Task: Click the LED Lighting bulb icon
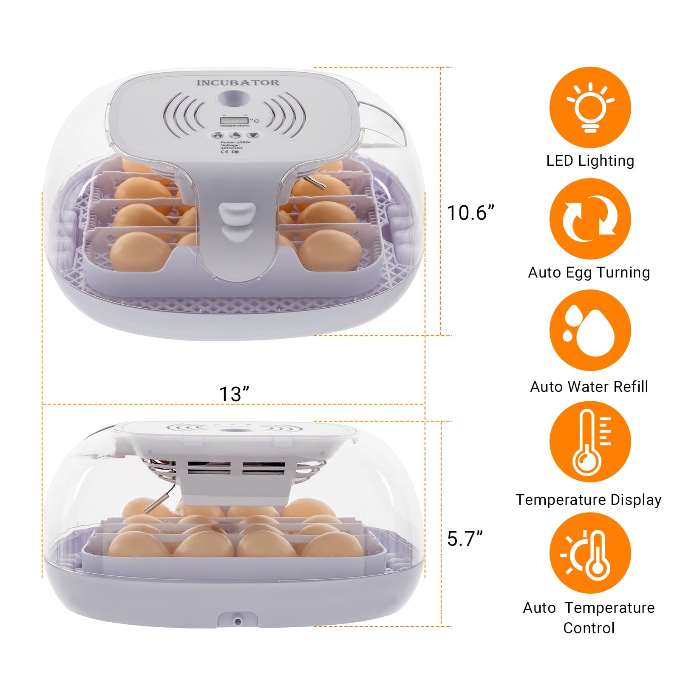click(x=590, y=107)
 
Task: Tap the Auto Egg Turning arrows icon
click(x=590, y=219)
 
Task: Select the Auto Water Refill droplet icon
click(x=590, y=330)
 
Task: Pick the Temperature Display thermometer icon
click(x=590, y=442)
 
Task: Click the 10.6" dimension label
click(x=471, y=212)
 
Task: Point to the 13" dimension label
click(x=234, y=394)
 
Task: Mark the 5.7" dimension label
click(x=465, y=538)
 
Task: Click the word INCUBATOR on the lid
click(x=238, y=82)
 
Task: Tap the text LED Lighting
click(x=590, y=161)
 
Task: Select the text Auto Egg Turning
click(x=589, y=272)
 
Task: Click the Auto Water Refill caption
click(x=589, y=386)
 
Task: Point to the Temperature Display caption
click(x=589, y=499)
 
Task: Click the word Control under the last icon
click(x=589, y=628)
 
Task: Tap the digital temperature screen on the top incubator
click(x=234, y=120)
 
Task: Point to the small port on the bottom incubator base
click(x=237, y=622)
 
